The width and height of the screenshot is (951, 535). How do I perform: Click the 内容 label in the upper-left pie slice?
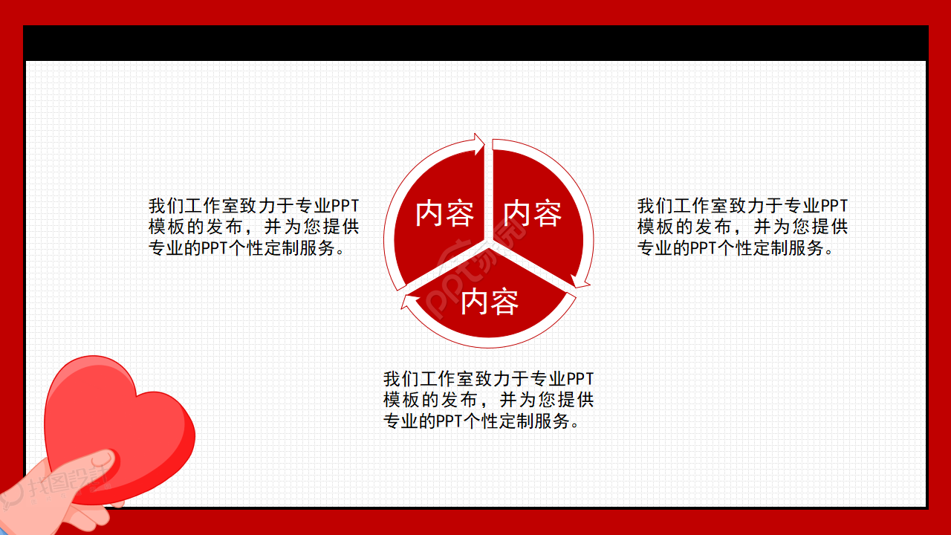[x=444, y=214]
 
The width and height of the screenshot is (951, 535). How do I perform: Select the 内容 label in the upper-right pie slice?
[x=532, y=214]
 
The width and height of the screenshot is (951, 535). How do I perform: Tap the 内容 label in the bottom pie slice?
[x=489, y=302]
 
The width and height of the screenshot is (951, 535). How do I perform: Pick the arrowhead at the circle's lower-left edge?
[x=408, y=300]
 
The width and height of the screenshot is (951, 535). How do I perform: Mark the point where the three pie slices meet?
[x=488, y=241]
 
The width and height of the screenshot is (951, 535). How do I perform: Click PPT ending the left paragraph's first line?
[x=345, y=206]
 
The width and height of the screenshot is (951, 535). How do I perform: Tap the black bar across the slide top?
[x=475, y=43]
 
